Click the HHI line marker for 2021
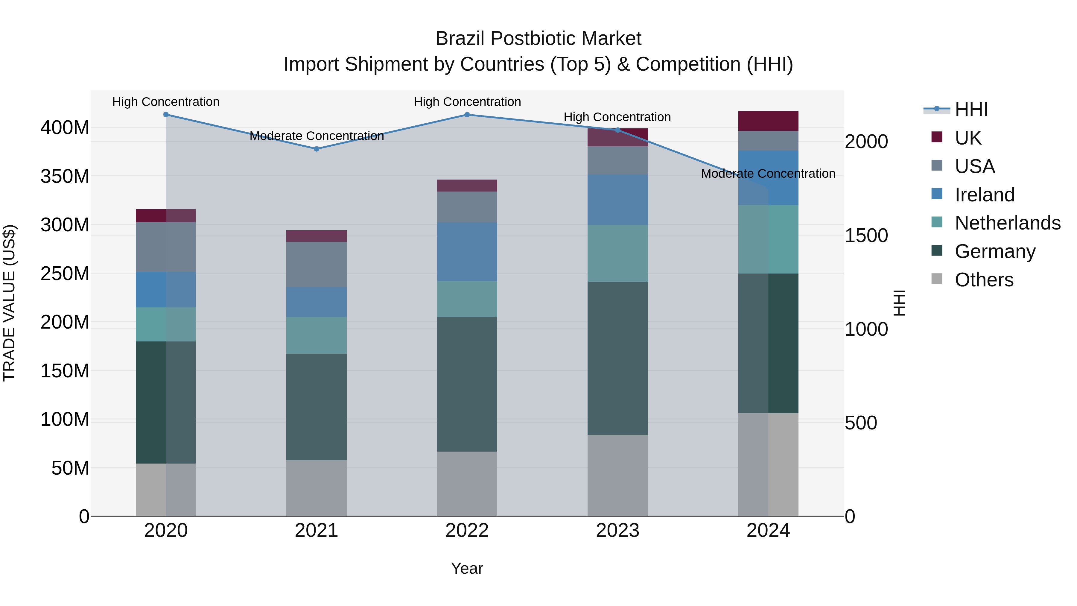pyautogui.click(x=317, y=149)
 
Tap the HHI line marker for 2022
pyautogui.click(x=467, y=115)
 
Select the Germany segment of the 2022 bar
pyautogui.click(x=467, y=384)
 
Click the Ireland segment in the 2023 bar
pyautogui.click(x=617, y=200)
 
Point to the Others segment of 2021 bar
pyautogui.click(x=317, y=488)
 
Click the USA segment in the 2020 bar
pyautogui.click(x=166, y=247)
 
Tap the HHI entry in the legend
pyautogui.click(x=971, y=110)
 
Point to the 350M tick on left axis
pyautogui.click(x=65, y=176)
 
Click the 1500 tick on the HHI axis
pyautogui.click(x=866, y=236)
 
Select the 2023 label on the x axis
pyautogui.click(x=617, y=531)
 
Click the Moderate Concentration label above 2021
pyautogui.click(x=317, y=136)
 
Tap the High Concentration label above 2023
pyautogui.click(x=617, y=117)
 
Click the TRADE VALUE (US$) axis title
pyautogui.click(x=9, y=303)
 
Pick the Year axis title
pyautogui.click(x=467, y=568)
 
